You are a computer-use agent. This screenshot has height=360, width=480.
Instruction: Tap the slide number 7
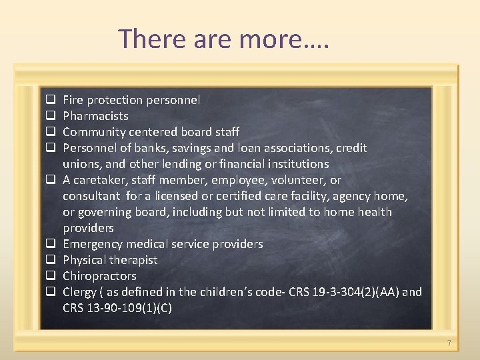(x=449, y=343)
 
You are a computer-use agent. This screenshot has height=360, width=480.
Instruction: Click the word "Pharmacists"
(x=95, y=116)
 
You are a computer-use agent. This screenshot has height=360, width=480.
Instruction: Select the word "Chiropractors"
(x=99, y=276)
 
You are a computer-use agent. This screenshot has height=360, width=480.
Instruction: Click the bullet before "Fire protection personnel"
(x=49, y=100)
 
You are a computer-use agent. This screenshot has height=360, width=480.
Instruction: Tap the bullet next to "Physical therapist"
(x=49, y=260)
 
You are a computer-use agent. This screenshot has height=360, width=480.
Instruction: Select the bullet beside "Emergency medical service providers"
(x=49, y=244)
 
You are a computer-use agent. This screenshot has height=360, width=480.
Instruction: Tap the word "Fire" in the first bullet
(x=73, y=100)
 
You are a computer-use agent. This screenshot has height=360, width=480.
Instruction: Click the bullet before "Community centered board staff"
(x=49, y=132)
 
